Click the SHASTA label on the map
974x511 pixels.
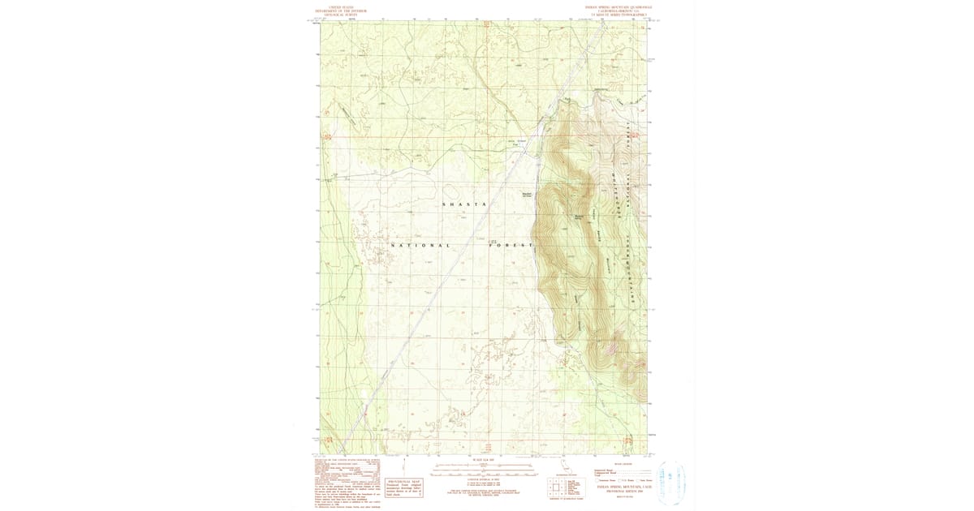coord(463,204)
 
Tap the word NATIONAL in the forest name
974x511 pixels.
coord(420,245)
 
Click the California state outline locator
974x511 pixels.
coord(566,466)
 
